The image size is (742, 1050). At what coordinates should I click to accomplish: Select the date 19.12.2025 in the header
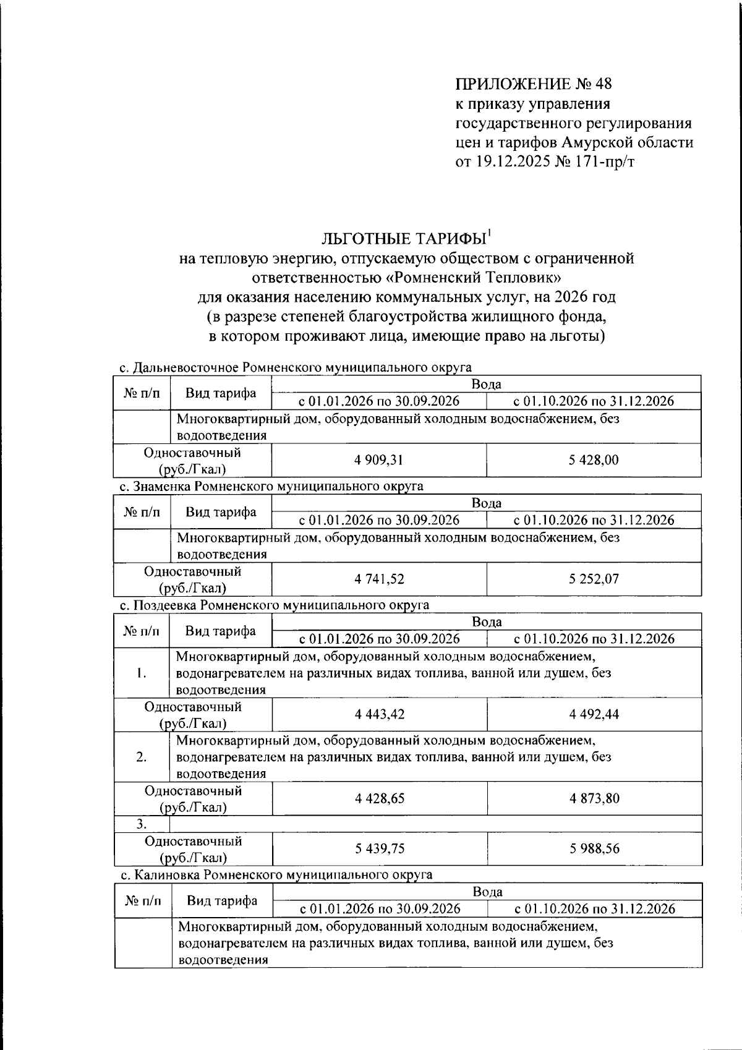pos(511,163)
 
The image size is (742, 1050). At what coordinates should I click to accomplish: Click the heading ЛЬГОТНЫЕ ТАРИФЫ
pos(403,239)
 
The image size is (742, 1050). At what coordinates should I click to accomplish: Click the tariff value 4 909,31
pos(379,460)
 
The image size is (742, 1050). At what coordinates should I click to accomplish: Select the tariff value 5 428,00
pos(594,460)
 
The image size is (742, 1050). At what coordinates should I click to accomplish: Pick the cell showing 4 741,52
pos(379,579)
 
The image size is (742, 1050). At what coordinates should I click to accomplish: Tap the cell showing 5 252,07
pos(594,579)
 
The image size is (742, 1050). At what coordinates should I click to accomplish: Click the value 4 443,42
pos(379,715)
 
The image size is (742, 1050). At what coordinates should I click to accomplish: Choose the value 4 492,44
pos(594,715)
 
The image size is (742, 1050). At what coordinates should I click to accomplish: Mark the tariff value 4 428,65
pos(379,799)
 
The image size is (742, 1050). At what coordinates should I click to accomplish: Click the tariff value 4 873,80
pos(594,799)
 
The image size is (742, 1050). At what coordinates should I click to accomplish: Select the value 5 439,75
pos(379,849)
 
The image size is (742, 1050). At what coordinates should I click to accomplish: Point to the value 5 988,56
pos(594,849)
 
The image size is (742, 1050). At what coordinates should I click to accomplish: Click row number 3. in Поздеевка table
pos(142,824)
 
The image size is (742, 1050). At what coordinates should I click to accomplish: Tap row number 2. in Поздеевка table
pos(142,757)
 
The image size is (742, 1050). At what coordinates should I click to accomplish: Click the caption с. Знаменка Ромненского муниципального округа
pos(271,486)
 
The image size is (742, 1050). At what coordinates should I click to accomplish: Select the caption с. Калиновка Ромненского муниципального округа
pos(276,875)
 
